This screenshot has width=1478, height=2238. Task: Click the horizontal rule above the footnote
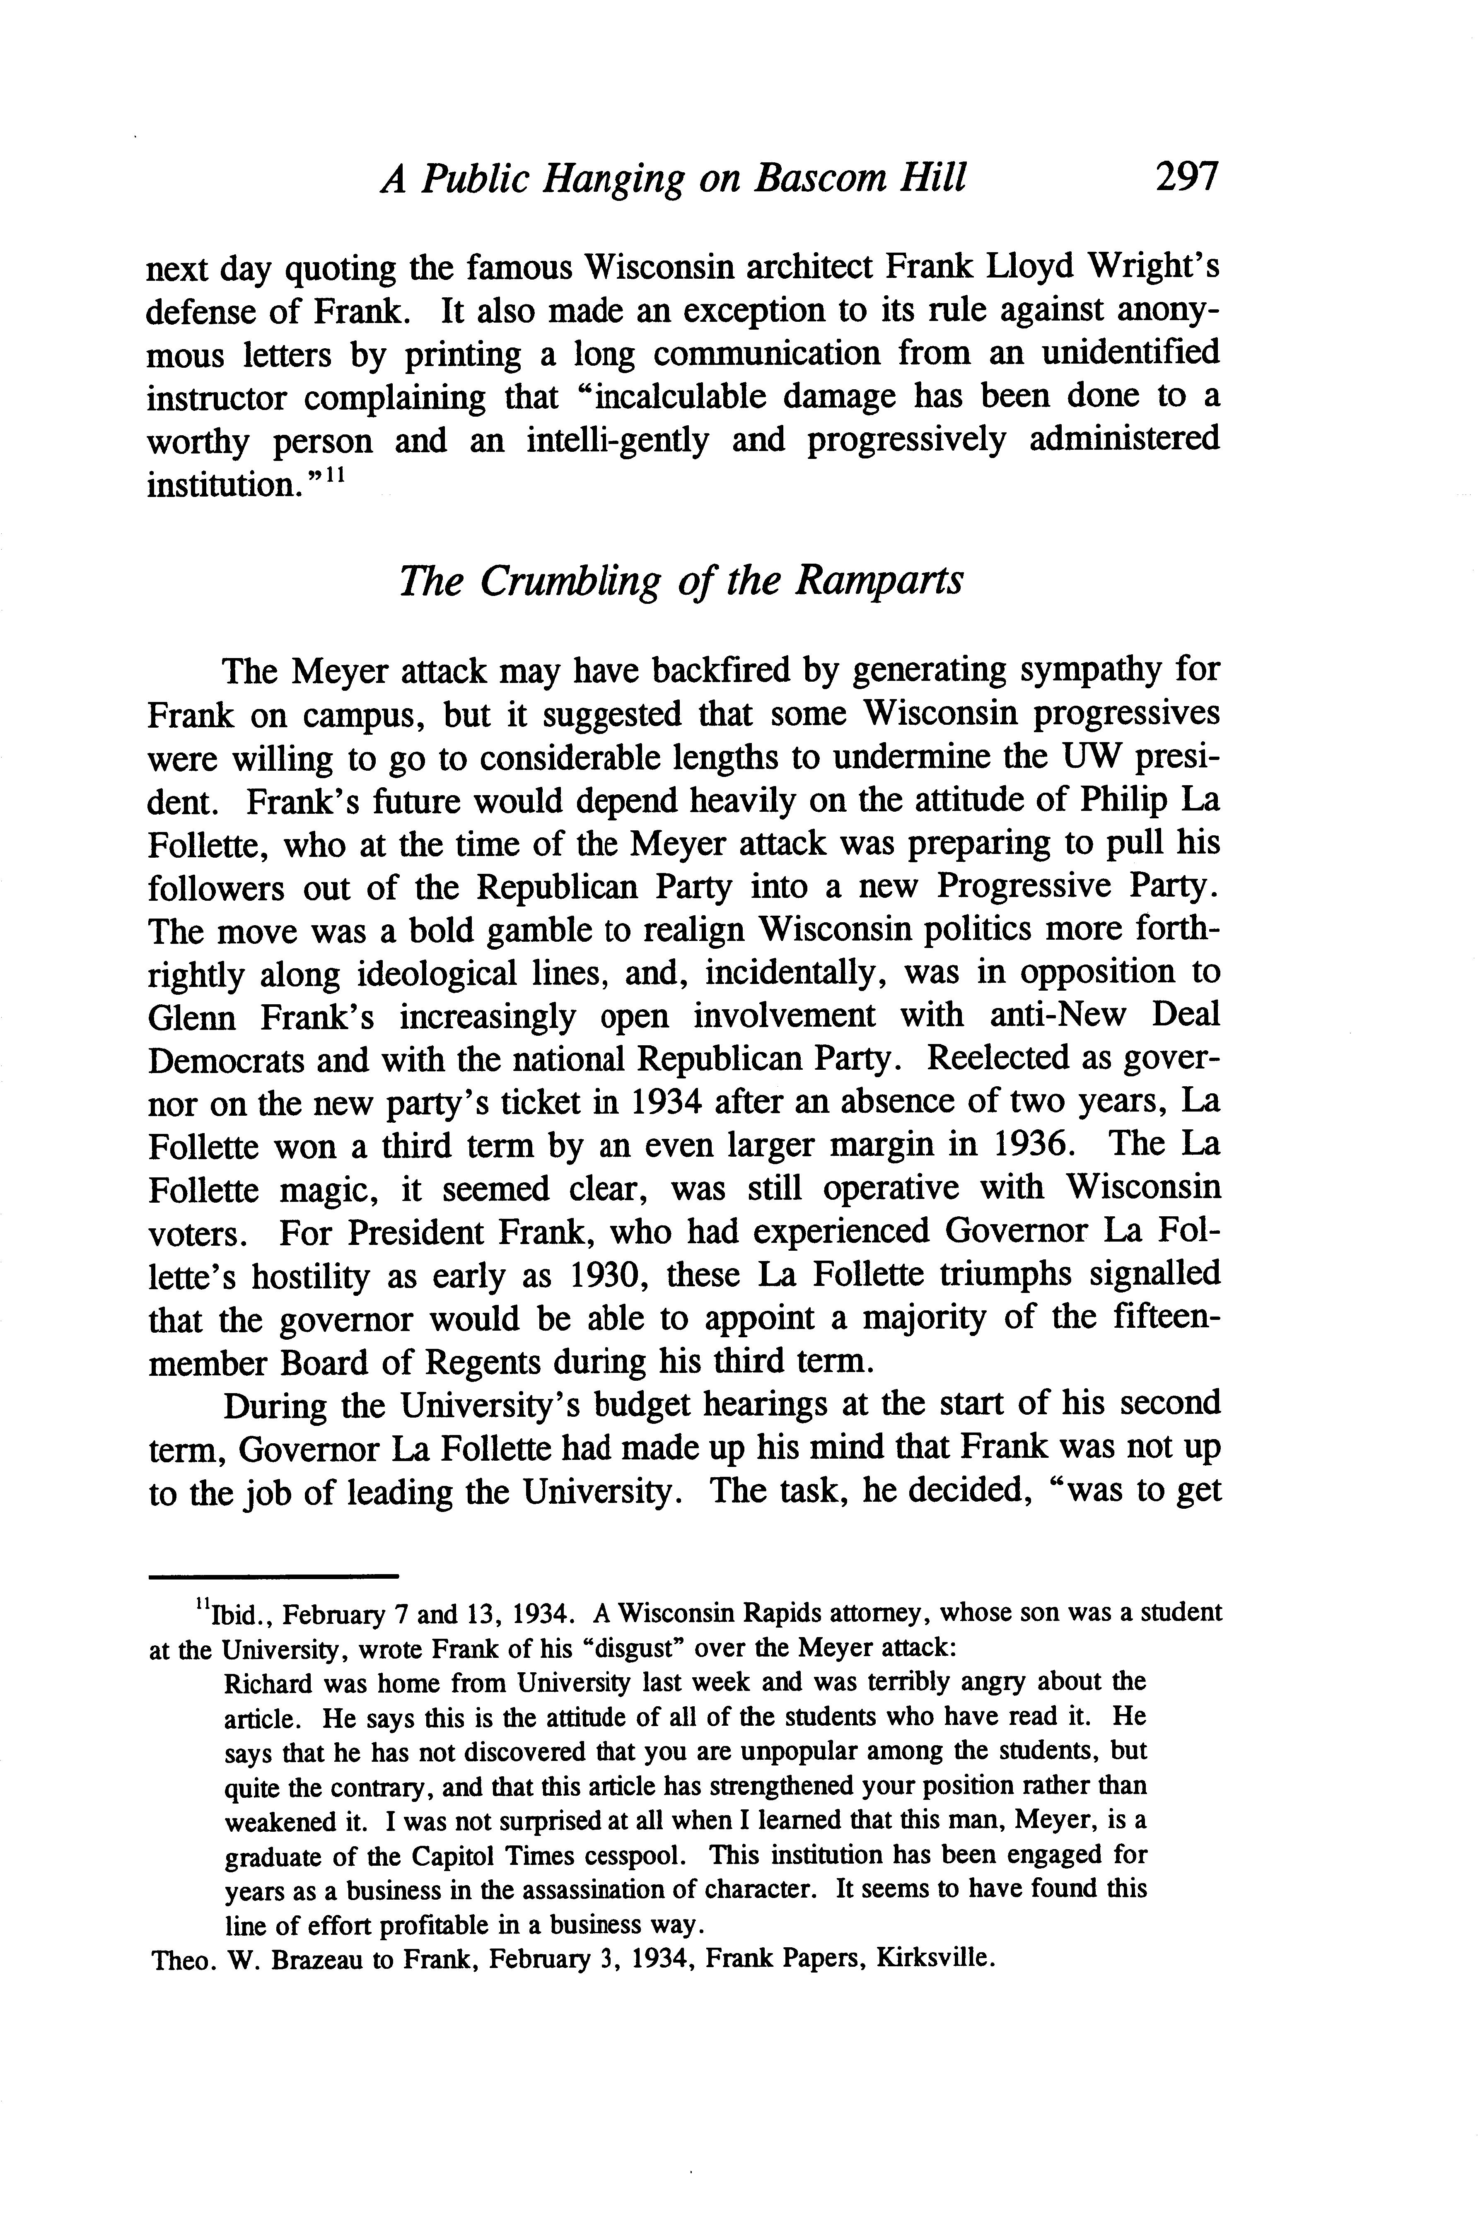click(x=273, y=1575)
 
